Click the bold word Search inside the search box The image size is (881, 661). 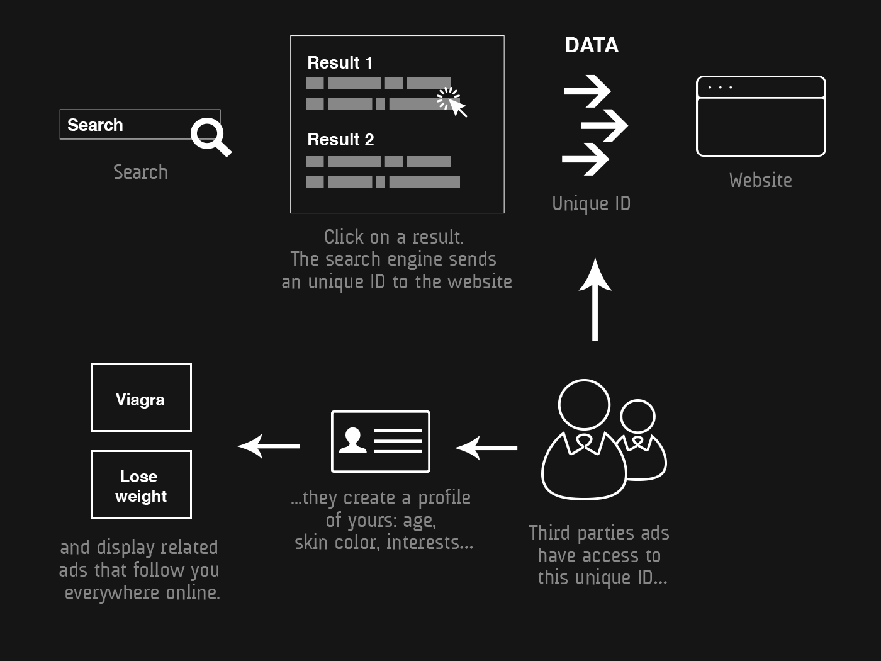coord(95,125)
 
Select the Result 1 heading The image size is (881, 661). coord(340,62)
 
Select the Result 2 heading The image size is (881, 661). coord(340,140)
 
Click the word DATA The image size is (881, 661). coord(591,45)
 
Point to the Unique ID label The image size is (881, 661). coord(591,203)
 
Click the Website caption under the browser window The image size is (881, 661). coord(761,180)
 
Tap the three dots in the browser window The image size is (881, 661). coord(720,87)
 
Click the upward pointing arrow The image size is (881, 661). coord(595,300)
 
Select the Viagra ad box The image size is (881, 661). coord(142,397)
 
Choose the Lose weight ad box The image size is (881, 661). coord(142,484)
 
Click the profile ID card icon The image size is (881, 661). coord(381,441)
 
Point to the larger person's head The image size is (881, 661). coord(584,405)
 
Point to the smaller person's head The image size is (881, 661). coord(637,416)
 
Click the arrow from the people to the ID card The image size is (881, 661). coord(486,448)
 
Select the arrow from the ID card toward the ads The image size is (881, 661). coord(269,446)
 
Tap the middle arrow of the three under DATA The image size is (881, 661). coord(605,126)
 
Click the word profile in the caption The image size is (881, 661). coord(444,498)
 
